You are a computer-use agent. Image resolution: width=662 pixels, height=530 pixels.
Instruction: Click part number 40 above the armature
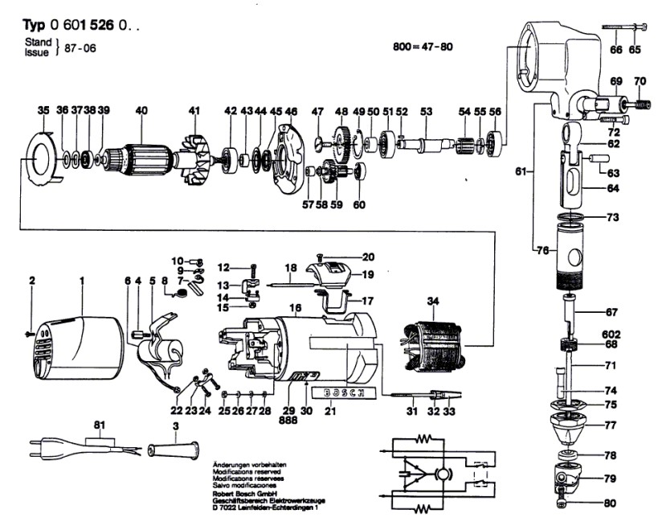pyautogui.click(x=141, y=110)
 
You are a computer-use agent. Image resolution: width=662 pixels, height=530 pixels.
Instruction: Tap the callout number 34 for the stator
pyautogui.click(x=434, y=302)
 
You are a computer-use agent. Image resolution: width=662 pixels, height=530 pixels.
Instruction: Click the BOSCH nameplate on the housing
pyautogui.click(x=342, y=392)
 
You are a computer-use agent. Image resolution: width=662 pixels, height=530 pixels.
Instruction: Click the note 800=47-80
pyautogui.click(x=423, y=47)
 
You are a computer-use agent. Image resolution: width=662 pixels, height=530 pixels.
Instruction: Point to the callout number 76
pyautogui.click(x=542, y=251)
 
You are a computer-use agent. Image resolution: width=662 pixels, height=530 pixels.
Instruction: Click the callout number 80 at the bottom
pyautogui.click(x=610, y=505)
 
